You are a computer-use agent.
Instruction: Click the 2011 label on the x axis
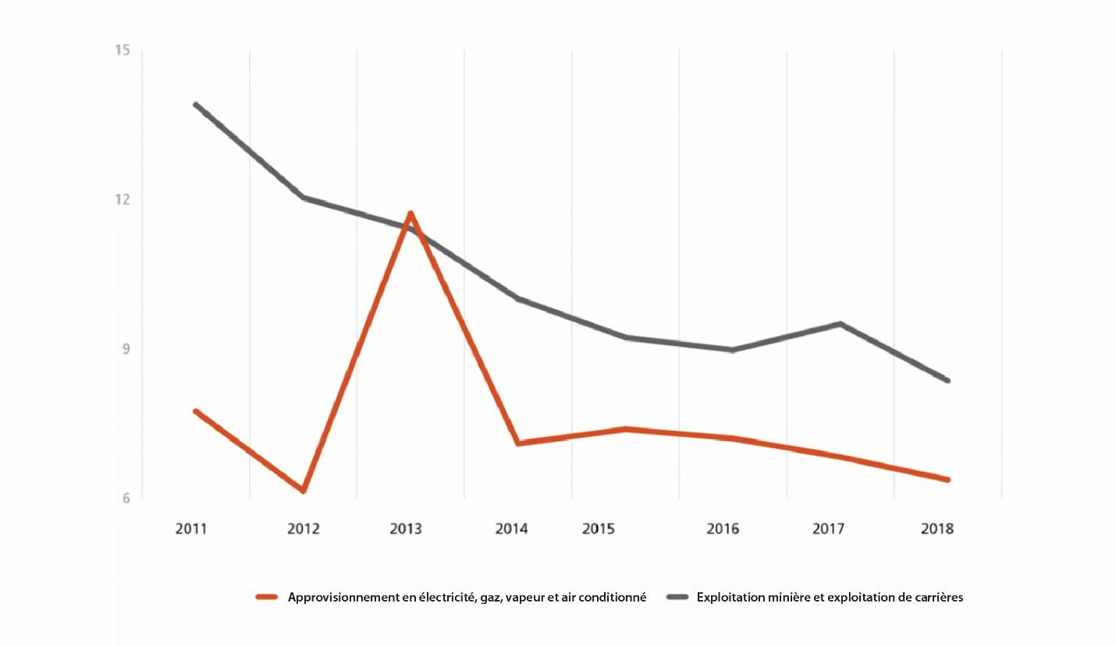(191, 529)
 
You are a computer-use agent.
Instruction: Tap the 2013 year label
(406, 529)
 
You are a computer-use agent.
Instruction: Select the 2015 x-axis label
(599, 529)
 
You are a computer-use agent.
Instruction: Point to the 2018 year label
(937, 529)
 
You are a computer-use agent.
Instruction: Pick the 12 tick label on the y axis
(122, 199)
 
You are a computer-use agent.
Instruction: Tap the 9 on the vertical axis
(125, 349)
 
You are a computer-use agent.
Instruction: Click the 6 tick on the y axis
(125, 498)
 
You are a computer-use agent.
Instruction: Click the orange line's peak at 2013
(411, 213)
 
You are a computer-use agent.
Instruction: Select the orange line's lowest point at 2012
(303, 491)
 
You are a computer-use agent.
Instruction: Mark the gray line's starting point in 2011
(195, 105)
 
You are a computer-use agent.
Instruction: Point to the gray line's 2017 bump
(841, 324)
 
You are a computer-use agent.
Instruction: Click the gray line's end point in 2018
(948, 381)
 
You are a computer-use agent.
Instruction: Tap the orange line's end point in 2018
(948, 480)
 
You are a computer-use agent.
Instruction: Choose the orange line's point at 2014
(518, 443)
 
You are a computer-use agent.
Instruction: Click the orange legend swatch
(267, 598)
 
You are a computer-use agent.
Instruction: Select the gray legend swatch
(677, 598)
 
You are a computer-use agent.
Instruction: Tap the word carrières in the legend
(936, 598)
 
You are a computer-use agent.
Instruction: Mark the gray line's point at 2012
(303, 197)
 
